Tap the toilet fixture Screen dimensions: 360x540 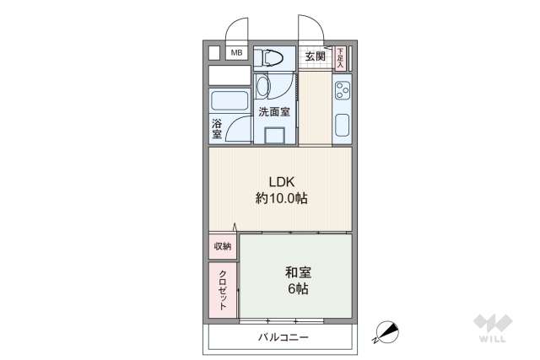273,57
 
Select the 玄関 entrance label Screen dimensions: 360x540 315,56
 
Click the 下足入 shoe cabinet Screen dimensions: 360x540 340,57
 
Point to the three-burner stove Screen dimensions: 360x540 342,89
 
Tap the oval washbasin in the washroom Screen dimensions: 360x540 262,89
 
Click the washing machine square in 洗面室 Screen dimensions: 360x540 274,136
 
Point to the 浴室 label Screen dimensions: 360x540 217,129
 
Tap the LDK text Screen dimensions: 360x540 281,181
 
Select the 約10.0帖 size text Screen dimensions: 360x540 281,199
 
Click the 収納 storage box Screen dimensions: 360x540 222,246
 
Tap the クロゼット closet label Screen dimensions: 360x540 223,290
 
